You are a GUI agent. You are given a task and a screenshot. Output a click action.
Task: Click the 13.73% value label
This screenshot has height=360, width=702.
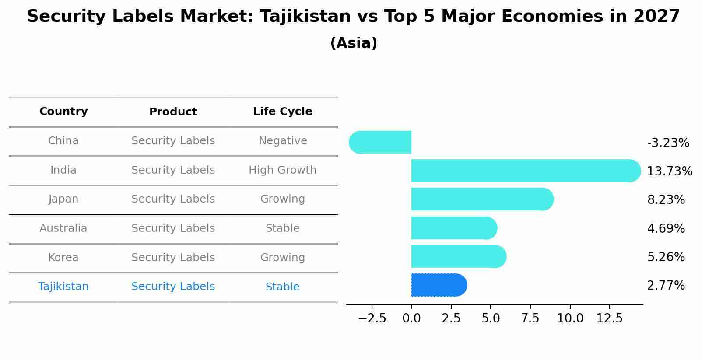[x=669, y=171]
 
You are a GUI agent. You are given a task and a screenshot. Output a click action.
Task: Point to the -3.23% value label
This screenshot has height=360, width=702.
[x=668, y=143]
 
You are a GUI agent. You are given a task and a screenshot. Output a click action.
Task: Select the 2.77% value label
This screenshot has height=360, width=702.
[x=666, y=286]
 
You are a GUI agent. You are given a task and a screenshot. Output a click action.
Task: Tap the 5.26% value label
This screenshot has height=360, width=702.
[x=666, y=257]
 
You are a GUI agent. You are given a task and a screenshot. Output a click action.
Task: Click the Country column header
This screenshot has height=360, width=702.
[x=63, y=112]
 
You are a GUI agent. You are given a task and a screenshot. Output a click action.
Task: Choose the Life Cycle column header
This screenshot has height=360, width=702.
[x=282, y=112]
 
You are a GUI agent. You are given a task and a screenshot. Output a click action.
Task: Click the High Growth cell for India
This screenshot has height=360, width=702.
[x=282, y=170]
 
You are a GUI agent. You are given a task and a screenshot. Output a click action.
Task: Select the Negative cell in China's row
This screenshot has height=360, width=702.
[x=282, y=141]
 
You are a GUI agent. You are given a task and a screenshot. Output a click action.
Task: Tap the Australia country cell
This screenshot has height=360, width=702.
[x=63, y=228]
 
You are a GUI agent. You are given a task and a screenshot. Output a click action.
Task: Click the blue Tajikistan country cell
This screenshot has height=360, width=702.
[x=63, y=287]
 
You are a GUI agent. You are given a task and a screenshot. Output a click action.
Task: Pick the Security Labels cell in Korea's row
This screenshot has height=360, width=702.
[x=173, y=258]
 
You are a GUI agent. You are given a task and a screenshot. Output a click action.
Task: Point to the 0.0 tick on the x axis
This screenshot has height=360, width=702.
[x=411, y=318]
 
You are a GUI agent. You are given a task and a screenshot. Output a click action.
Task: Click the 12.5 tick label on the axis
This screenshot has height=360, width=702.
[x=609, y=318]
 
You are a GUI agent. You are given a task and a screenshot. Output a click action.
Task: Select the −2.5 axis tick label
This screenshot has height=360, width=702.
[x=372, y=318]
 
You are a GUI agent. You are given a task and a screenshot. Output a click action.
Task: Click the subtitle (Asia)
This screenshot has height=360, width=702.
[x=354, y=43]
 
